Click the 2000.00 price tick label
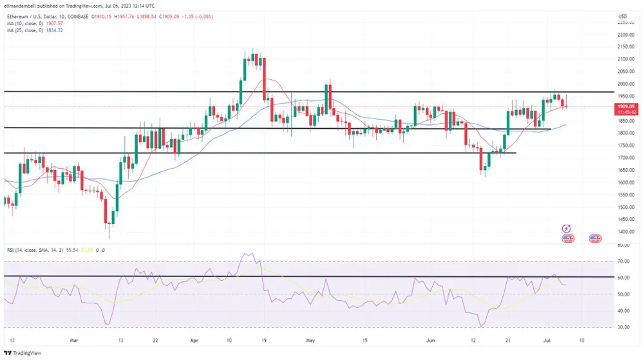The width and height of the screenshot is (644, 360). (625, 84)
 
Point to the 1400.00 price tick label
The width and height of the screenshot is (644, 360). (625, 232)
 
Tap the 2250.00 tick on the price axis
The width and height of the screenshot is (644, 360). (625, 22)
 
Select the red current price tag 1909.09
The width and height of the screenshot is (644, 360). (625, 106)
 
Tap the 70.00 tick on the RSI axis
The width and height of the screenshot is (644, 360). (623, 261)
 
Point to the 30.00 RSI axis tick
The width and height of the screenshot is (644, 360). (623, 327)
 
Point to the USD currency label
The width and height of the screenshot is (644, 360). (622, 15)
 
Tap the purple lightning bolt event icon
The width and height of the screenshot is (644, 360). (566, 228)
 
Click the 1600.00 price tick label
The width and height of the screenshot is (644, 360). (625, 182)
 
